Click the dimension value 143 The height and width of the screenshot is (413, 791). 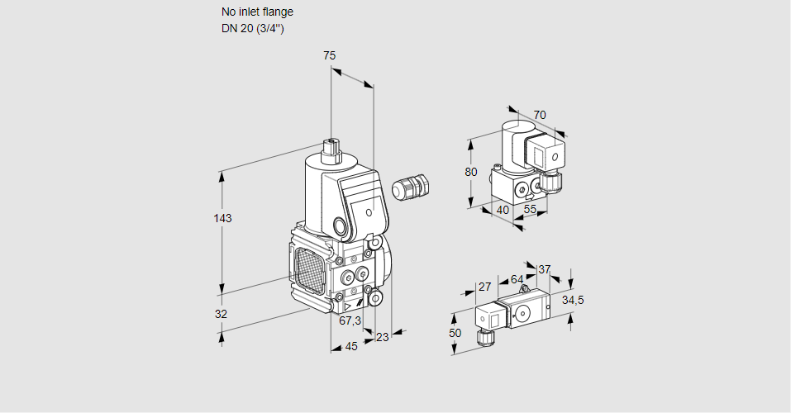222,219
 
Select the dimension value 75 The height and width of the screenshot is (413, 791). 329,55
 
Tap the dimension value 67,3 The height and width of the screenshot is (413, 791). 350,320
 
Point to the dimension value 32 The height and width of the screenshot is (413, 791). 221,314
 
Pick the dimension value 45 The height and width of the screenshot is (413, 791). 351,346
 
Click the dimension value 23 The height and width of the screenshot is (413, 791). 382,336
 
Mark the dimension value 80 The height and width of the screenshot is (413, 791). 471,173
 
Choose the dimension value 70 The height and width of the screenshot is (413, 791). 540,115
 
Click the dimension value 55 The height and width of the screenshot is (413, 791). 530,210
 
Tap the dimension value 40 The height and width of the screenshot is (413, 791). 503,210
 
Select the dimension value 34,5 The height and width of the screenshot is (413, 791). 573,300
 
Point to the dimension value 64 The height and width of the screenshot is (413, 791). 517,279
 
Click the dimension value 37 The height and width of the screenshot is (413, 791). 544,269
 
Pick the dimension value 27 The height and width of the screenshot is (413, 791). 485,287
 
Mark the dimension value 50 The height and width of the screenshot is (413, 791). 455,332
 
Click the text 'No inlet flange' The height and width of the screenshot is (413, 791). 257,12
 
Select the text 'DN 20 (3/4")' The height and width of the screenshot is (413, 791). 252,29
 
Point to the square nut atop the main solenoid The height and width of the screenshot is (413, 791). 331,148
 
